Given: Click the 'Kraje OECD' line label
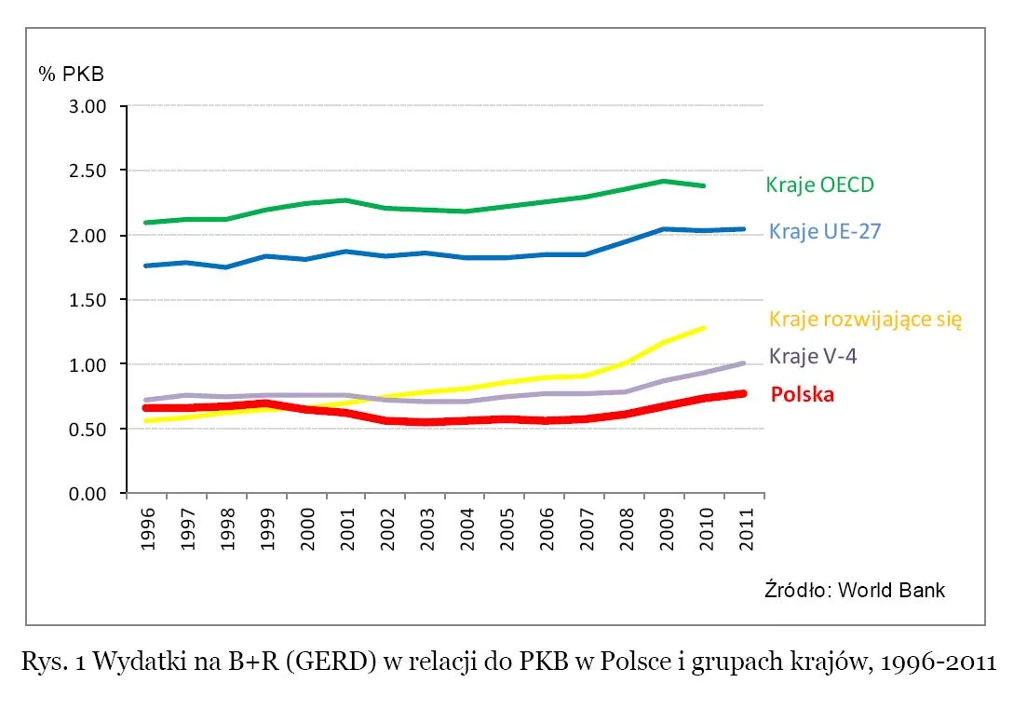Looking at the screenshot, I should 819,184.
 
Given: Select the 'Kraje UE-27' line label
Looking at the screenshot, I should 824,232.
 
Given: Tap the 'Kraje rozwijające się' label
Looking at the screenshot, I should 865,320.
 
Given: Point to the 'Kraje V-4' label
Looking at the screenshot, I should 813,357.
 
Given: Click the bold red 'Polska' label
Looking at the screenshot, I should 802,395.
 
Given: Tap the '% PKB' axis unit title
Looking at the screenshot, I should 71,74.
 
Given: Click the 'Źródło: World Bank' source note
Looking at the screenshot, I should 854,590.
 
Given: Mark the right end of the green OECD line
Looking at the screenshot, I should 704,185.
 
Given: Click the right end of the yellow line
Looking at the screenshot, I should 704,328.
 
